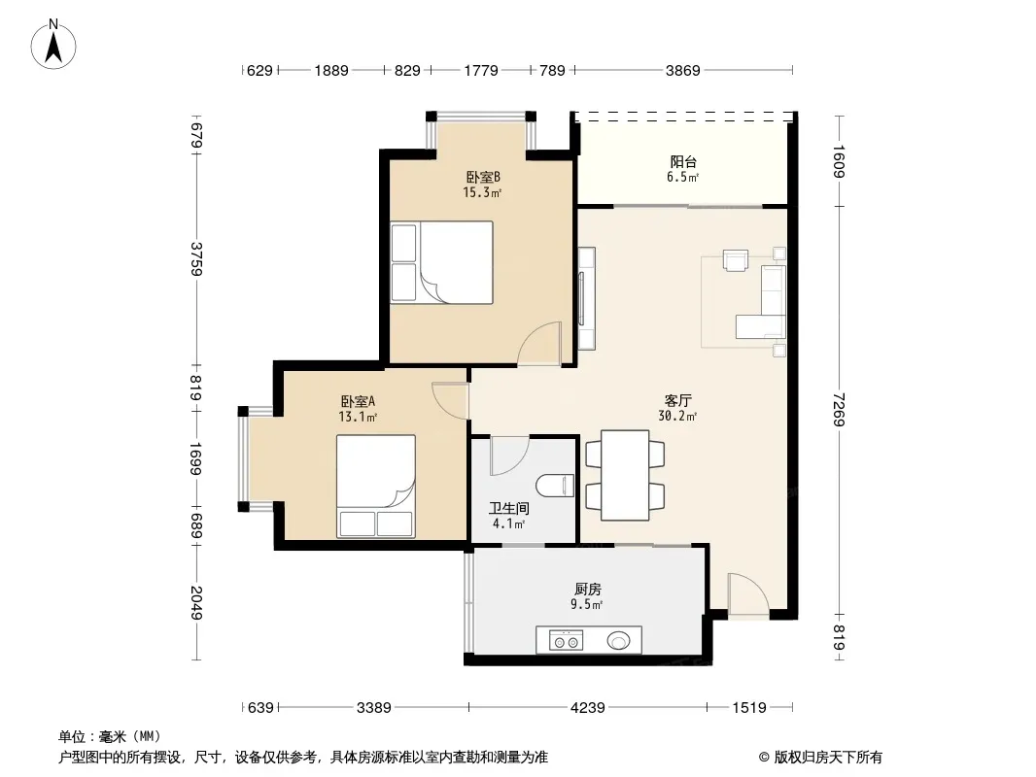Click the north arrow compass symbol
(53, 44)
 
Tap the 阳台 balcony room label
(683, 162)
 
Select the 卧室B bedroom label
(483, 177)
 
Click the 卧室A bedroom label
(358, 401)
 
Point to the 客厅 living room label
(678, 401)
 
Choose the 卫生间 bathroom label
(508, 508)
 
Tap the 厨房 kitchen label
(587, 589)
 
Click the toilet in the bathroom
(555, 486)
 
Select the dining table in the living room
(625, 475)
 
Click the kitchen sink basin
(619, 640)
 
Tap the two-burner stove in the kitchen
(567, 640)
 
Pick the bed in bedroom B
(442, 262)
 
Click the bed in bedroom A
(376, 486)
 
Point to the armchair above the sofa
(736, 260)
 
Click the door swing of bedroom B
(539, 344)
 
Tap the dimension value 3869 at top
(682, 70)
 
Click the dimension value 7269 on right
(839, 409)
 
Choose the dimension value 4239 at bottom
(587, 708)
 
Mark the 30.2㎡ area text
(677, 416)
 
